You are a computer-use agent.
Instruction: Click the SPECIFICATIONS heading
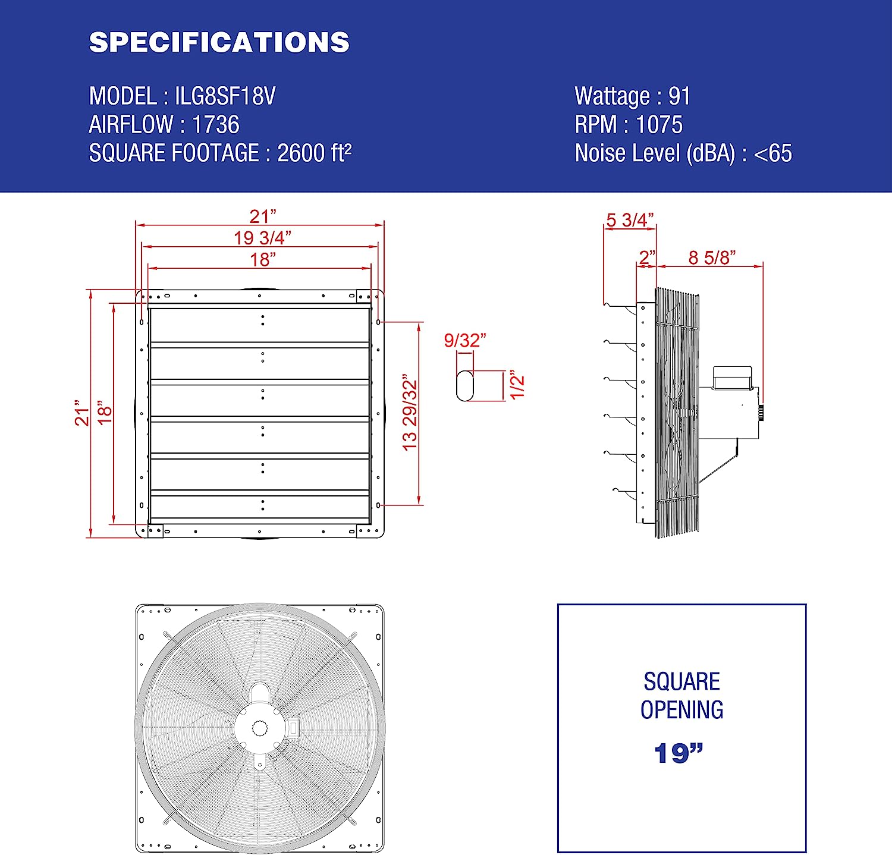point(219,42)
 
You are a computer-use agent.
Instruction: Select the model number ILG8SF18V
point(225,96)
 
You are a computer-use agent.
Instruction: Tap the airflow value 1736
point(215,125)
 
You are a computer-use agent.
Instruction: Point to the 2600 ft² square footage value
point(314,153)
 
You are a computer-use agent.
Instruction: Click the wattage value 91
point(679,96)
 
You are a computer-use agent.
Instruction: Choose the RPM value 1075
point(659,125)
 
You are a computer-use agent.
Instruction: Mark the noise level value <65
point(772,153)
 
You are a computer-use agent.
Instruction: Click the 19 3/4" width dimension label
point(262,238)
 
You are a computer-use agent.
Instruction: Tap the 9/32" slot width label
point(465,340)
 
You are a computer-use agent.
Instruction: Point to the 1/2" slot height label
point(517,386)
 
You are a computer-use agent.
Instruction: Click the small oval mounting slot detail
point(465,386)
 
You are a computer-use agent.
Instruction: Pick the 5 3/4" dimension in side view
point(630,220)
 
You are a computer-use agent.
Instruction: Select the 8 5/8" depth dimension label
point(712,257)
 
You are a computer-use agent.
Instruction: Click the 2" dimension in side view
point(646,257)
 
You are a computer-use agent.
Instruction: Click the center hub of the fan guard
point(260,727)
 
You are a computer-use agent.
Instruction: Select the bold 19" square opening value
point(679,753)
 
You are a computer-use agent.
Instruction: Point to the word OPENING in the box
point(681,710)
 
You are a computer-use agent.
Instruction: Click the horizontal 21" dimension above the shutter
point(262,216)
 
